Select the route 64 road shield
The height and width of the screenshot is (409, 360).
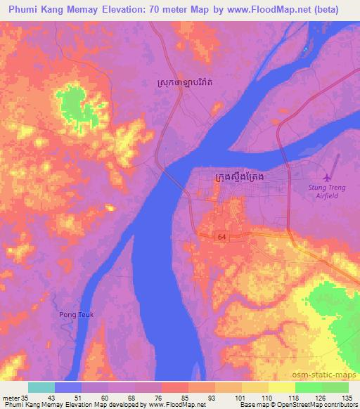pos(222,237)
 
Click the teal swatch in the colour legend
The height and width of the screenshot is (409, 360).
pos(41,387)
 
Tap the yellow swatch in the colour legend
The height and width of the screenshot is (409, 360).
pos(281,387)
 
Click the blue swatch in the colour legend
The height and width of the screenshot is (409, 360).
pos(68,387)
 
